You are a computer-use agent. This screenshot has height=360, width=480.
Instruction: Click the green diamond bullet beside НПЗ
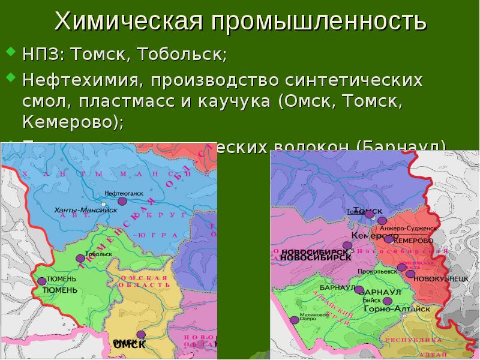pos(10,55)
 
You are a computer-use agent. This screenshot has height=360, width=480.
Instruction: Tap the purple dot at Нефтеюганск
pos(122,202)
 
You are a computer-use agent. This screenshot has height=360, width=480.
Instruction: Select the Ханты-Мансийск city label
pos(76,211)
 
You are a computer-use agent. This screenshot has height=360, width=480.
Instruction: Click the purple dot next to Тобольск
pos(80,259)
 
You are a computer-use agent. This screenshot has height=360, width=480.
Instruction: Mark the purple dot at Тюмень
pos(41,281)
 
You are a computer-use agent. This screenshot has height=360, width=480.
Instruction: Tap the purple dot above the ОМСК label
pos(140,335)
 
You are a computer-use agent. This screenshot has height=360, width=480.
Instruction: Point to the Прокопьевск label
pos(375,271)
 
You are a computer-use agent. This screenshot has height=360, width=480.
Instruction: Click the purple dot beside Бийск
pos(388,301)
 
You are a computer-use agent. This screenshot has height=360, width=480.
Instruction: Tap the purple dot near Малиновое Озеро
pos(295,320)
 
